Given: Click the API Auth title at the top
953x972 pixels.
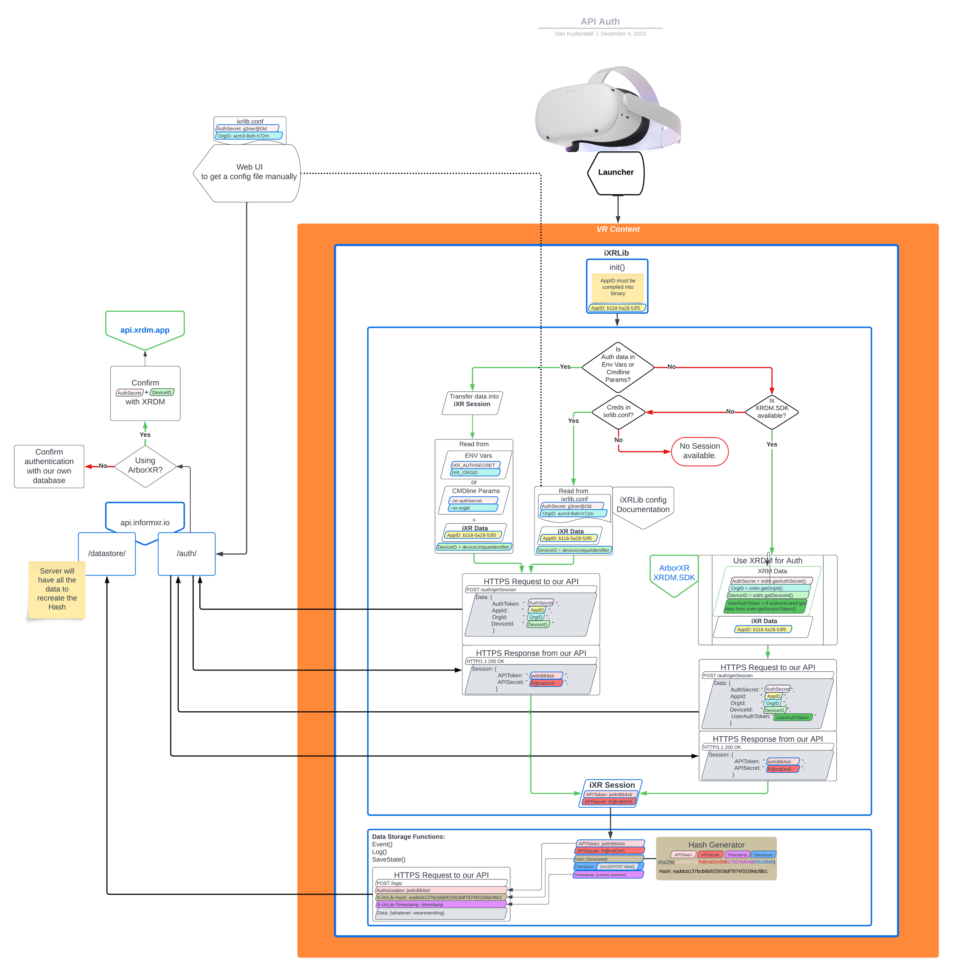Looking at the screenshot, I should [600, 21].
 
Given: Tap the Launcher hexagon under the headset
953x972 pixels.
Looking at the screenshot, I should [616, 173].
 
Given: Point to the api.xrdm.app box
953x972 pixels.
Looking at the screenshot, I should [144, 330].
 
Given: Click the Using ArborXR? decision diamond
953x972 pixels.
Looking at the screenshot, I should [145, 466].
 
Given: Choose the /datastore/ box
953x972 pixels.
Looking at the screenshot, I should [107, 553].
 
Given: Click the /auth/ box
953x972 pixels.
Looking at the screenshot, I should [187, 553].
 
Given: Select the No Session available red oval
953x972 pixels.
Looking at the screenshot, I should [699, 451].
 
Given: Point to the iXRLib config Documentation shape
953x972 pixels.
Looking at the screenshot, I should [643, 505].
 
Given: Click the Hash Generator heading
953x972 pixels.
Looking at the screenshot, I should [716, 845].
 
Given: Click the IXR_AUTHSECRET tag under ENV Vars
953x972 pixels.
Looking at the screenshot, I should [475, 465].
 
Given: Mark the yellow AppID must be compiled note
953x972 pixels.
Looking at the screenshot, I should [618, 288].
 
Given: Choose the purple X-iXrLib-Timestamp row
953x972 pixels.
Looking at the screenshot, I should [440, 905].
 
